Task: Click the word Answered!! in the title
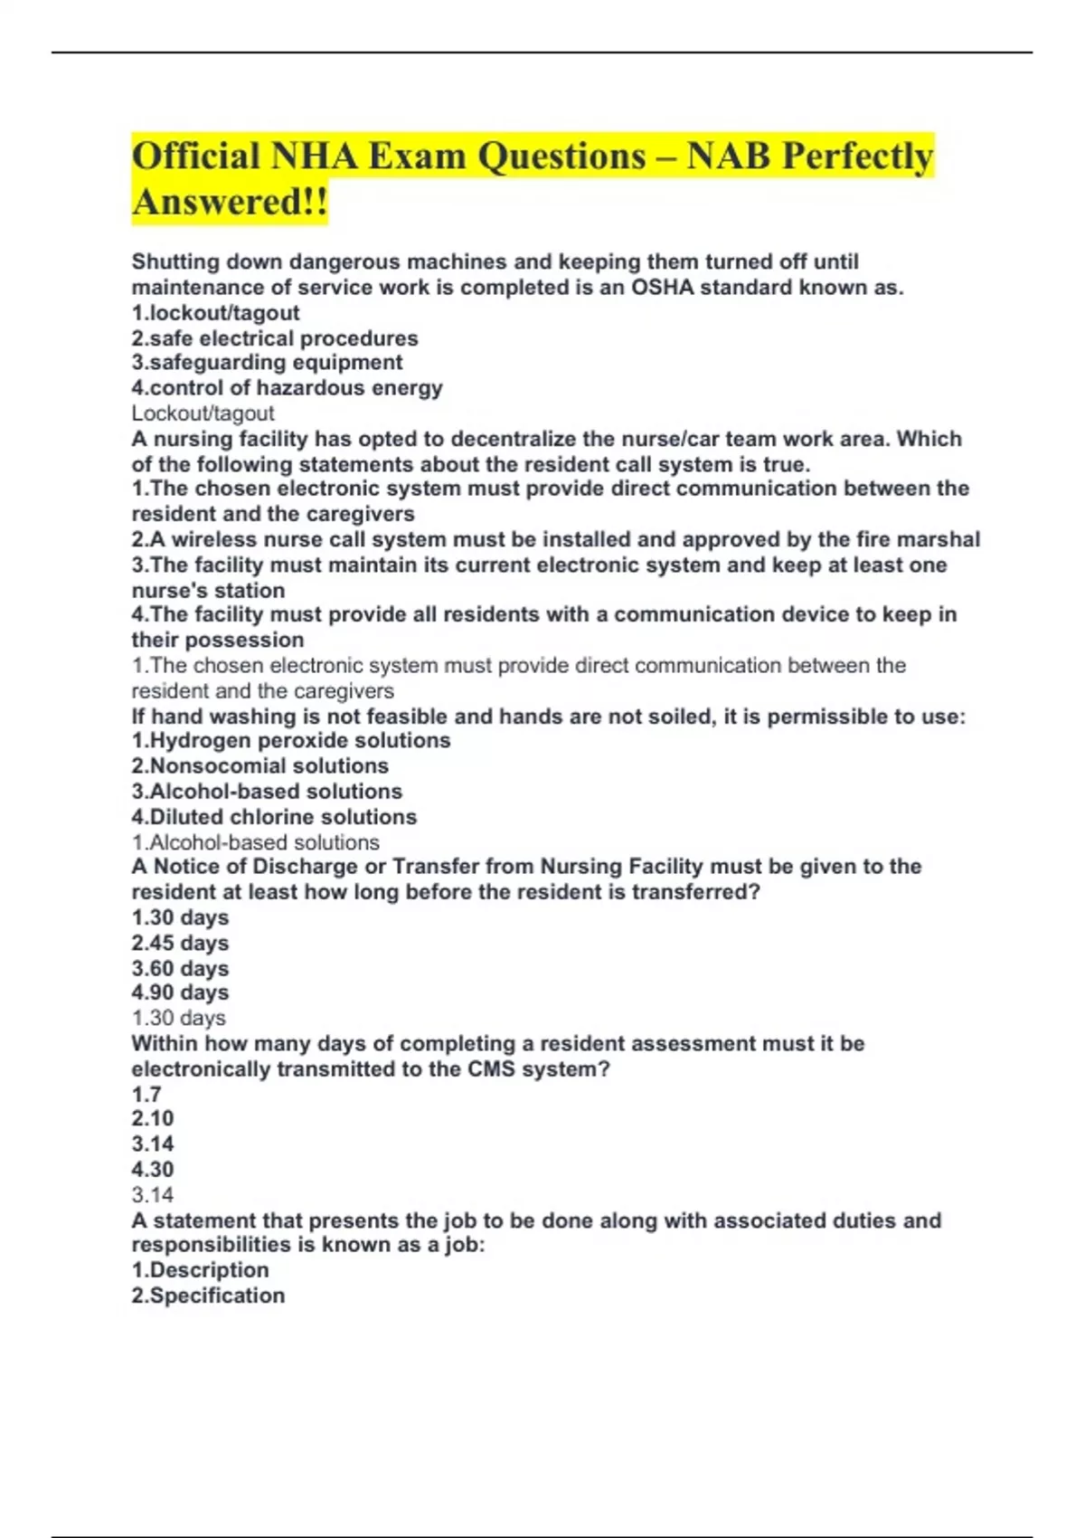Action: pyautogui.click(x=230, y=202)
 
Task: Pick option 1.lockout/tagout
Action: pyautogui.click(x=215, y=313)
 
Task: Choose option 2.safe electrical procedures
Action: pyautogui.click(x=275, y=338)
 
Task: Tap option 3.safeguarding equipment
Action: pyautogui.click(x=267, y=363)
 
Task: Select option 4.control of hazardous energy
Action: pyautogui.click(x=287, y=388)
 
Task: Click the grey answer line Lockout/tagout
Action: pyautogui.click(x=203, y=413)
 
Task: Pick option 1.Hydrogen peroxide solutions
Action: pyautogui.click(x=290, y=741)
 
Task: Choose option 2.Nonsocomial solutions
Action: pyautogui.click(x=259, y=766)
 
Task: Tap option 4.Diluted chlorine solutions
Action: pyautogui.click(x=274, y=817)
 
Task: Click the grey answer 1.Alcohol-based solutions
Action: pyautogui.click(x=255, y=842)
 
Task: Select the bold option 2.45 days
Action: pyautogui.click(x=180, y=944)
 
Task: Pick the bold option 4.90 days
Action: pyautogui.click(x=180, y=993)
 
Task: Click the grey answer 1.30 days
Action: pyautogui.click(x=178, y=1019)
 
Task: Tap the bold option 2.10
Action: pyautogui.click(x=152, y=1119)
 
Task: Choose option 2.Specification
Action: pyautogui.click(x=208, y=1296)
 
